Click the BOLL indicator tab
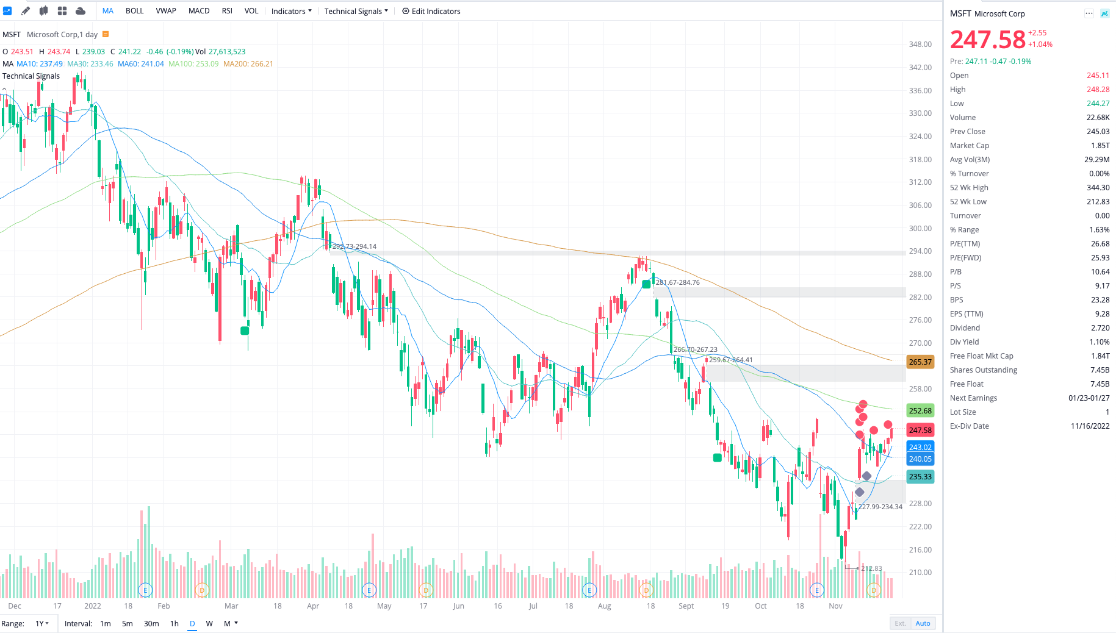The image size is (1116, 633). (x=134, y=11)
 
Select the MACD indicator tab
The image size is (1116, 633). (x=199, y=11)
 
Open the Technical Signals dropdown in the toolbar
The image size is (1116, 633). (x=356, y=11)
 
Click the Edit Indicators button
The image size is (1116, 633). (x=431, y=11)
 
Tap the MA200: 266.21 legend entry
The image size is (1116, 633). (x=248, y=64)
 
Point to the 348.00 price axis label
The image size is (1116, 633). (x=920, y=45)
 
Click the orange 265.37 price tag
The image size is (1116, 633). (x=920, y=362)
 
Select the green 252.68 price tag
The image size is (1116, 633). (x=920, y=411)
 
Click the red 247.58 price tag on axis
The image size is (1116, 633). (x=920, y=431)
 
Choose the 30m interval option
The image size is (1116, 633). (x=151, y=623)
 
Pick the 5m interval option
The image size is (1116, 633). (x=127, y=623)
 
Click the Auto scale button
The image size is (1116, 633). (x=923, y=623)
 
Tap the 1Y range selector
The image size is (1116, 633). (x=41, y=623)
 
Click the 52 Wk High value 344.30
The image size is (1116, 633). (x=1098, y=188)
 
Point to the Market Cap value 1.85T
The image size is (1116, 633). (x=1100, y=146)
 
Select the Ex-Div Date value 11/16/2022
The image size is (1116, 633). (x=1090, y=426)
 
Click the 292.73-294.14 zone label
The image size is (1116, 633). (x=355, y=246)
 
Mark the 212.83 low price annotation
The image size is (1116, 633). (x=871, y=568)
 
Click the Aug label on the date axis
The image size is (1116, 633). (x=604, y=606)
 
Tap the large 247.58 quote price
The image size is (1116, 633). (x=988, y=40)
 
